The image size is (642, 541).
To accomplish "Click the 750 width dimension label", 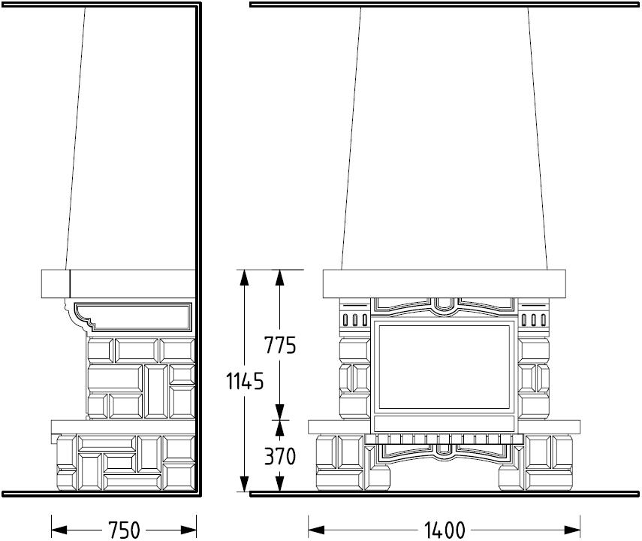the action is tap(124, 530).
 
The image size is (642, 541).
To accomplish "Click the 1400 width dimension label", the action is tap(445, 530).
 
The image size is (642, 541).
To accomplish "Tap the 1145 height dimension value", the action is tap(245, 382).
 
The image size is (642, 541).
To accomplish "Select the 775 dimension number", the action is tap(280, 345).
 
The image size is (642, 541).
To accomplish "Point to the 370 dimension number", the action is tap(280, 456).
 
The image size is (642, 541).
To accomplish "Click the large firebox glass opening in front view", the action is tap(445, 367).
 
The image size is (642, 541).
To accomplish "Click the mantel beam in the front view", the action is tap(445, 283).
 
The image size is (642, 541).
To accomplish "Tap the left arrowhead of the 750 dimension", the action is tap(59, 530).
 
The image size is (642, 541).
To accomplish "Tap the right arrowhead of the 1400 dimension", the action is tap(572, 530).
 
